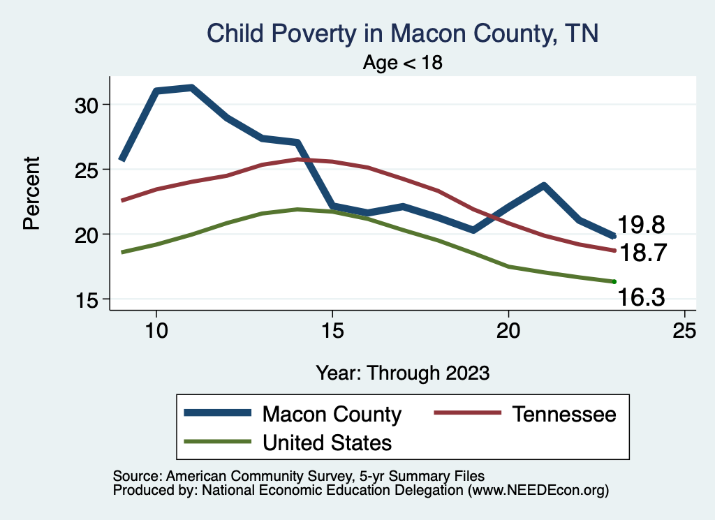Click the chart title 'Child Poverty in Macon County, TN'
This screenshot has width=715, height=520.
(403, 34)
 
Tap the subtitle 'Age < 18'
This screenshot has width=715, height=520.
(403, 63)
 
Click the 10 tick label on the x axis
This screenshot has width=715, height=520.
(156, 331)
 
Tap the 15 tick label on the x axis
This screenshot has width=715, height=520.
(332, 331)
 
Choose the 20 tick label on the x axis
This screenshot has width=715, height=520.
(508, 331)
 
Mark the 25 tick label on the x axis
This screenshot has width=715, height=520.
(684, 331)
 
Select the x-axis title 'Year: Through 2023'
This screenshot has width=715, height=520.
(402, 373)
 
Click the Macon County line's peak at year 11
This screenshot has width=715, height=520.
(191, 87)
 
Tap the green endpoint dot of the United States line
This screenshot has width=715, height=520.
(614, 281)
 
